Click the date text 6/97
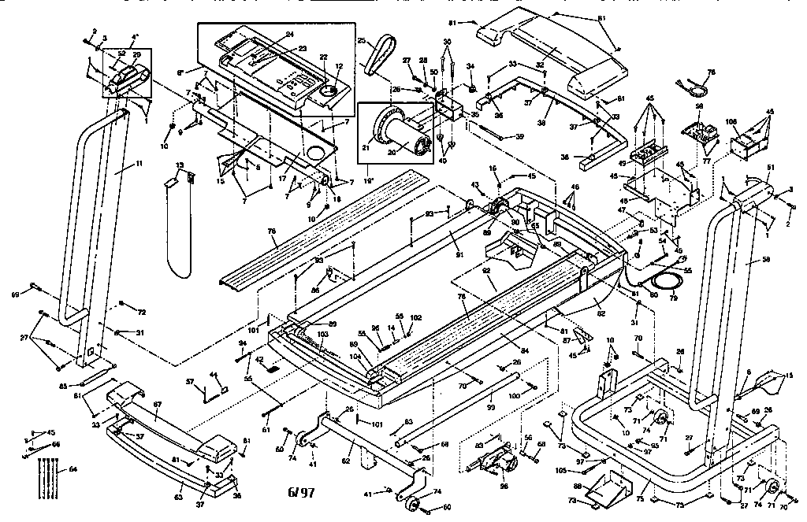[301, 493]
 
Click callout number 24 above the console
[289, 35]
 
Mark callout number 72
[141, 313]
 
